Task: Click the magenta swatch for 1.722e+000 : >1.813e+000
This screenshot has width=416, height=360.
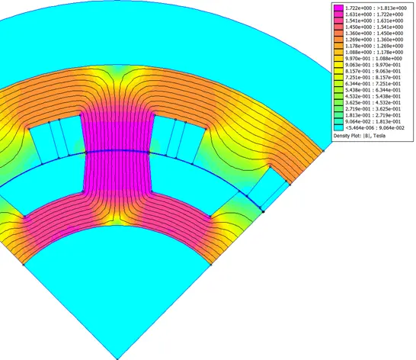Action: click(338, 8)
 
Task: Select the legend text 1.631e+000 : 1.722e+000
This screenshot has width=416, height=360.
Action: click(374, 14)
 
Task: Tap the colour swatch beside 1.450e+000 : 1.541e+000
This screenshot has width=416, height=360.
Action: click(338, 27)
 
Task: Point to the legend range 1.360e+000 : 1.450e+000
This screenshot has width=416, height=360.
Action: click(374, 34)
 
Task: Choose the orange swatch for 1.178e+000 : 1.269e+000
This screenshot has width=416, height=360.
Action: click(338, 46)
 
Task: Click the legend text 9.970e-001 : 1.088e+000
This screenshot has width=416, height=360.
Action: click(373, 59)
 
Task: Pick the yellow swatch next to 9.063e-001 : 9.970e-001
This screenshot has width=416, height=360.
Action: click(338, 65)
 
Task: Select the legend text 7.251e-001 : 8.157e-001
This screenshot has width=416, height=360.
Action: click(373, 77)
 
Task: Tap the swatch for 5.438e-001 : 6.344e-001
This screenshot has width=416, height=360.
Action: click(338, 90)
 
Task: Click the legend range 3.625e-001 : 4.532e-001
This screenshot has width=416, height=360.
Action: click(373, 102)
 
